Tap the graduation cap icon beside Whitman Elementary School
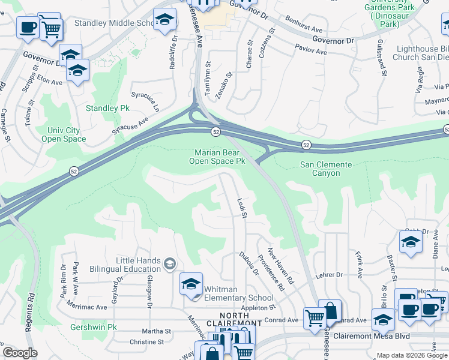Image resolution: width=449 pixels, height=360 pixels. (x=191, y=283)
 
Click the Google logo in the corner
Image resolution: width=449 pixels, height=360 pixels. (x=20, y=352)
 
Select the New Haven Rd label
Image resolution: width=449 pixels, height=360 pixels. (x=280, y=266)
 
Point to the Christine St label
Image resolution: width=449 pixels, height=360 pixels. (x=146, y=341)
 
